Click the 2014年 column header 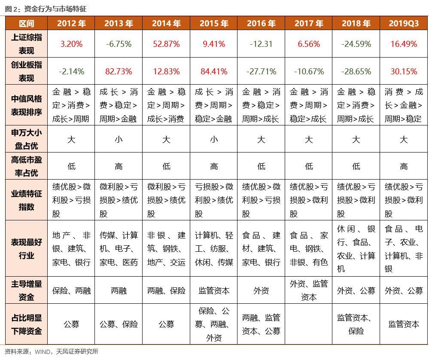pyautogui.click(x=166, y=24)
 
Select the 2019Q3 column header pyautogui.click(x=403, y=24)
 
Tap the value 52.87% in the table pyautogui.click(x=166, y=44)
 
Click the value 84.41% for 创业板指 pyautogui.click(x=214, y=71)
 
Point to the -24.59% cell pyautogui.click(x=356, y=44)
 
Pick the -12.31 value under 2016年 pyautogui.click(x=261, y=44)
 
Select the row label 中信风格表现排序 pyautogui.click(x=27, y=105)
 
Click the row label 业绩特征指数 pyautogui.click(x=27, y=200)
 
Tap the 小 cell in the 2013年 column pyautogui.click(x=119, y=139)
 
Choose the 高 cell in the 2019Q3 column pyautogui.click(x=403, y=166)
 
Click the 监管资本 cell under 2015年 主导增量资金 pyautogui.click(x=214, y=291)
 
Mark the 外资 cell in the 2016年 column pyautogui.click(x=261, y=291)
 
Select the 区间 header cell pyautogui.click(x=27, y=24)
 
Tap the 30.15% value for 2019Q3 pyautogui.click(x=403, y=71)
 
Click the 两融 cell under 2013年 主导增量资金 pyautogui.click(x=119, y=291)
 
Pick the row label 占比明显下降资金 pyautogui.click(x=27, y=324)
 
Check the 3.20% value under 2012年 pyautogui.click(x=71, y=44)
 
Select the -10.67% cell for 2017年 pyautogui.click(x=309, y=71)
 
